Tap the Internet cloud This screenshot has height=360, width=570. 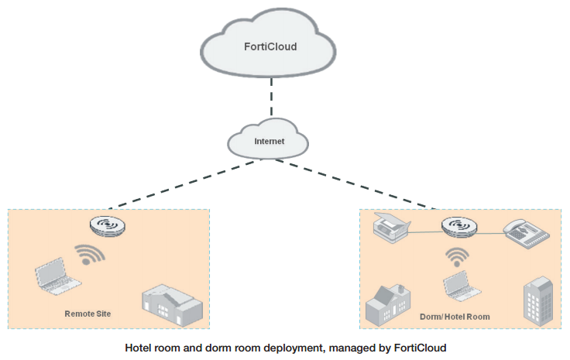point(269,142)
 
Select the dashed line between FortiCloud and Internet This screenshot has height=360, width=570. point(270,99)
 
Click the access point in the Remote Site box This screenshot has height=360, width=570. point(108,227)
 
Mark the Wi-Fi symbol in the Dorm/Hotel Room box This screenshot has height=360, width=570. point(458,255)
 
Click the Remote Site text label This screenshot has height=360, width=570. point(88,314)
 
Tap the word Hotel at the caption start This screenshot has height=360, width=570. point(139,348)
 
